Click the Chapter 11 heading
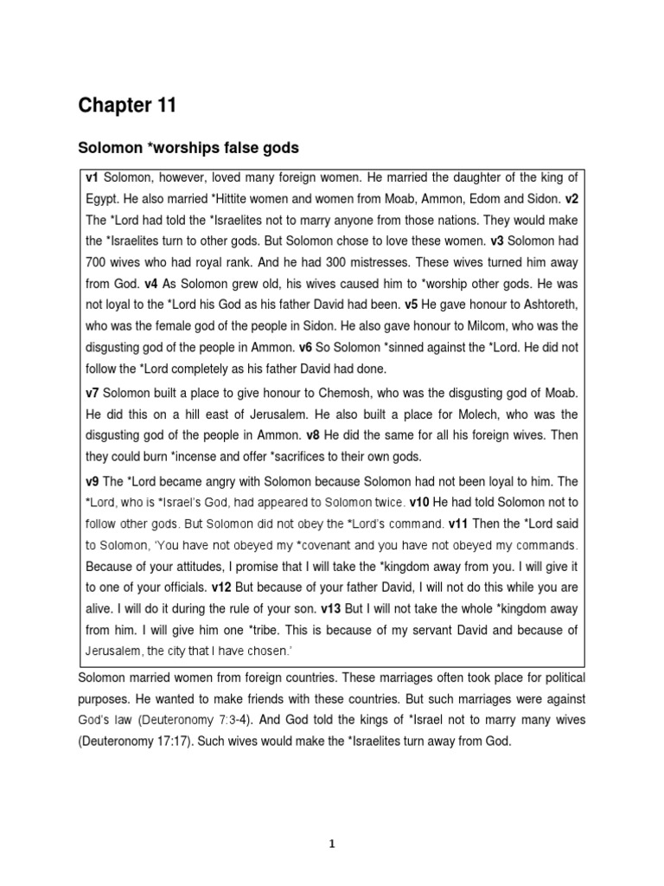127,106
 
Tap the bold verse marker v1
93,178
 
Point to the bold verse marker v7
93,394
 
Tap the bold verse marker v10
420,503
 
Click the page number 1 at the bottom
332,846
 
